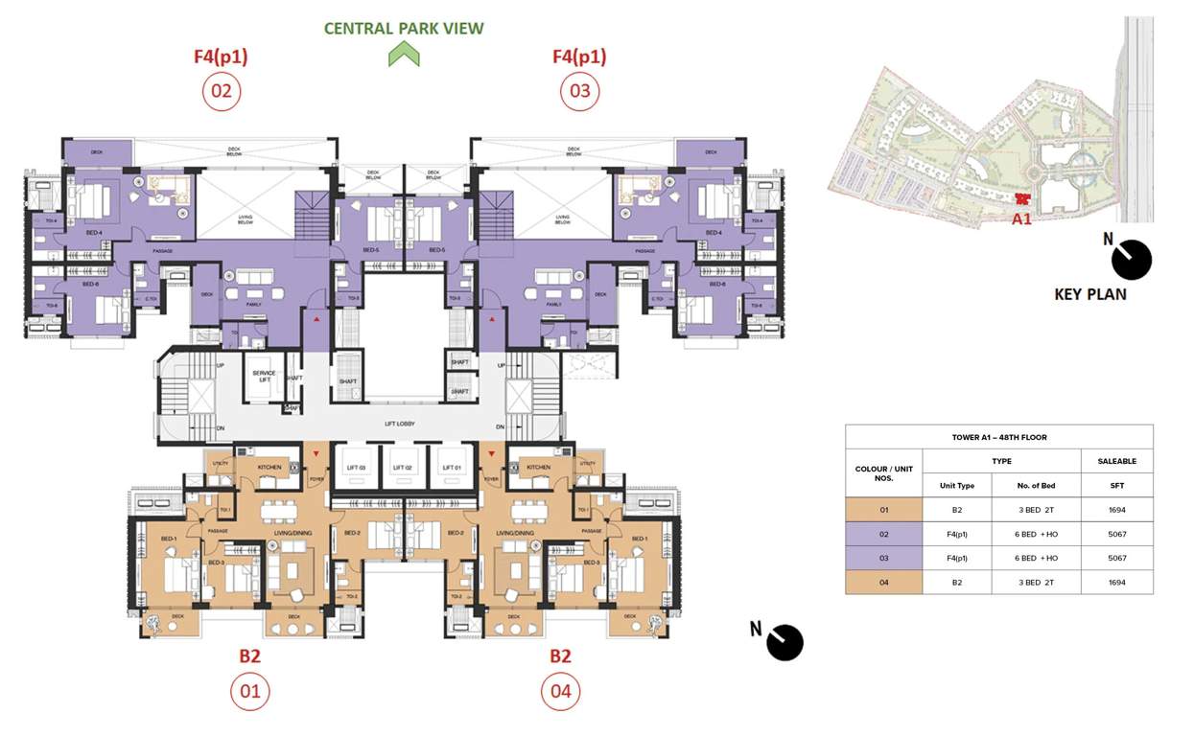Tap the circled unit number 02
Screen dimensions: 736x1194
pyautogui.click(x=221, y=92)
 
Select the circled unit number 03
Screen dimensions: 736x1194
pyautogui.click(x=579, y=92)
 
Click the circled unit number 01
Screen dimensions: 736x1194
pyautogui.click(x=249, y=691)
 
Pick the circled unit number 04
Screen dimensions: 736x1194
pyautogui.click(x=560, y=691)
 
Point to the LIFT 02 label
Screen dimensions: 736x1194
pyautogui.click(x=404, y=468)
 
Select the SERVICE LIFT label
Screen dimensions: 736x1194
pyautogui.click(x=264, y=377)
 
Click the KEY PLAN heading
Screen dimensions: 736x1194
pyautogui.click(x=1090, y=294)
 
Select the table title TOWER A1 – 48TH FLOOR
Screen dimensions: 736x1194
pyautogui.click(x=998, y=437)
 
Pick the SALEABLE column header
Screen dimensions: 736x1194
pyautogui.click(x=1116, y=461)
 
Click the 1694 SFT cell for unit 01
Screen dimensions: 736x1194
pyautogui.click(x=1116, y=510)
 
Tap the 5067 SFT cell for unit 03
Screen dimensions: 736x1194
pyautogui.click(x=1116, y=558)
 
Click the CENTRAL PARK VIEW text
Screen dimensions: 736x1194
pyautogui.click(x=404, y=28)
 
